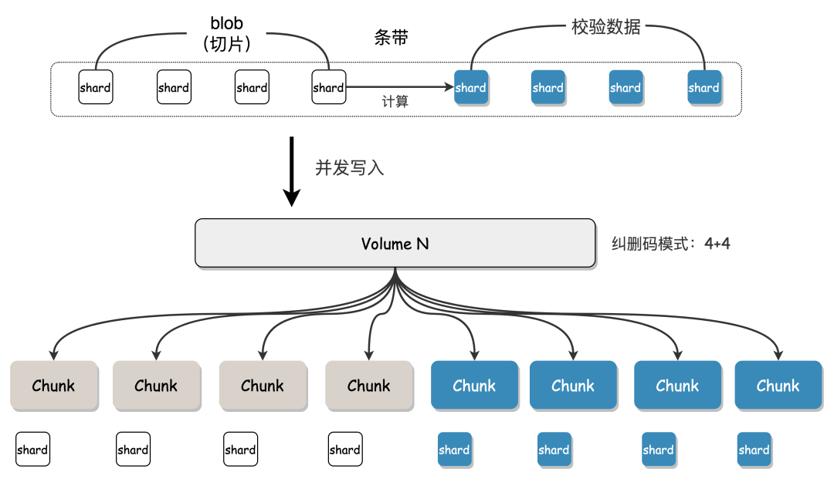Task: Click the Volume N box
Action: pos(395,243)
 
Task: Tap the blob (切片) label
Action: pos(226,33)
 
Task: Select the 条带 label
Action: pos(392,37)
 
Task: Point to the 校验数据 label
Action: pos(606,26)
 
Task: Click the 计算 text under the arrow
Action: pos(395,101)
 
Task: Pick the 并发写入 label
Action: pos(350,168)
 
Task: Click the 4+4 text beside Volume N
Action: pos(717,244)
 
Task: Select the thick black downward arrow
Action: pos(291,171)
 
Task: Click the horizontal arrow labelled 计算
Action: pos(400,87)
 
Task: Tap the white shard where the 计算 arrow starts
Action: pos(329,87)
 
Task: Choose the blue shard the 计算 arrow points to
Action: pos(471,88)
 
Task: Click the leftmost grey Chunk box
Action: pos(54,386)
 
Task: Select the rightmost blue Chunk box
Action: pos(778,386)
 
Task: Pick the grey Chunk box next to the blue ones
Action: pos(369,386)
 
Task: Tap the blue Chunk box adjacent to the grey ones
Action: pos(474,386)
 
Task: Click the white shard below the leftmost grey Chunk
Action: pos(32,449)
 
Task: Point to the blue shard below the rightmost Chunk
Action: pos(754,450)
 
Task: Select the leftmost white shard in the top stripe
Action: pos(96,87)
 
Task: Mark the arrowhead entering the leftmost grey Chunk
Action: pos(53,356)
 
